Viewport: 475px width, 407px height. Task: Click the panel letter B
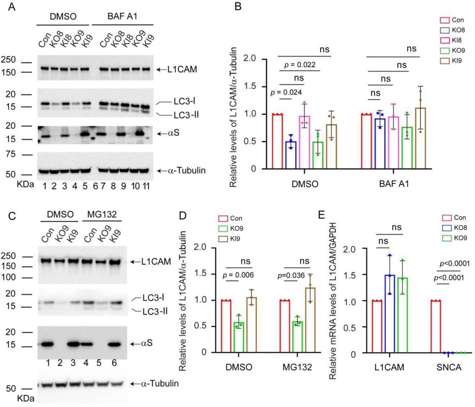(238, 6)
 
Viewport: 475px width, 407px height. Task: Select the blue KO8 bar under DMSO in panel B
(291, 155)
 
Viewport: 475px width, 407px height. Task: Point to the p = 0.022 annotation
(300, 65)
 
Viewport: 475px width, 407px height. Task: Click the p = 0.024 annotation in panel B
(286, 92)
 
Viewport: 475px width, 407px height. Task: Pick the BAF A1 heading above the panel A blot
(122, 17)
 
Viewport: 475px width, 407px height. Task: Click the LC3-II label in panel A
(186, 115)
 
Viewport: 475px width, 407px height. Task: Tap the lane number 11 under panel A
(146, 186)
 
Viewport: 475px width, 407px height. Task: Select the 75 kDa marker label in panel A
(10, 154)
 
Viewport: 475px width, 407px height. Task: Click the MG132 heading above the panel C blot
(102, 214)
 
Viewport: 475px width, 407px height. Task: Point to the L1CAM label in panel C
(156, 262)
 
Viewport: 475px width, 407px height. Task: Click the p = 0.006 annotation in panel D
(238, 275)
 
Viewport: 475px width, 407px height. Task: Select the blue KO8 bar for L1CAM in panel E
(389, 314)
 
